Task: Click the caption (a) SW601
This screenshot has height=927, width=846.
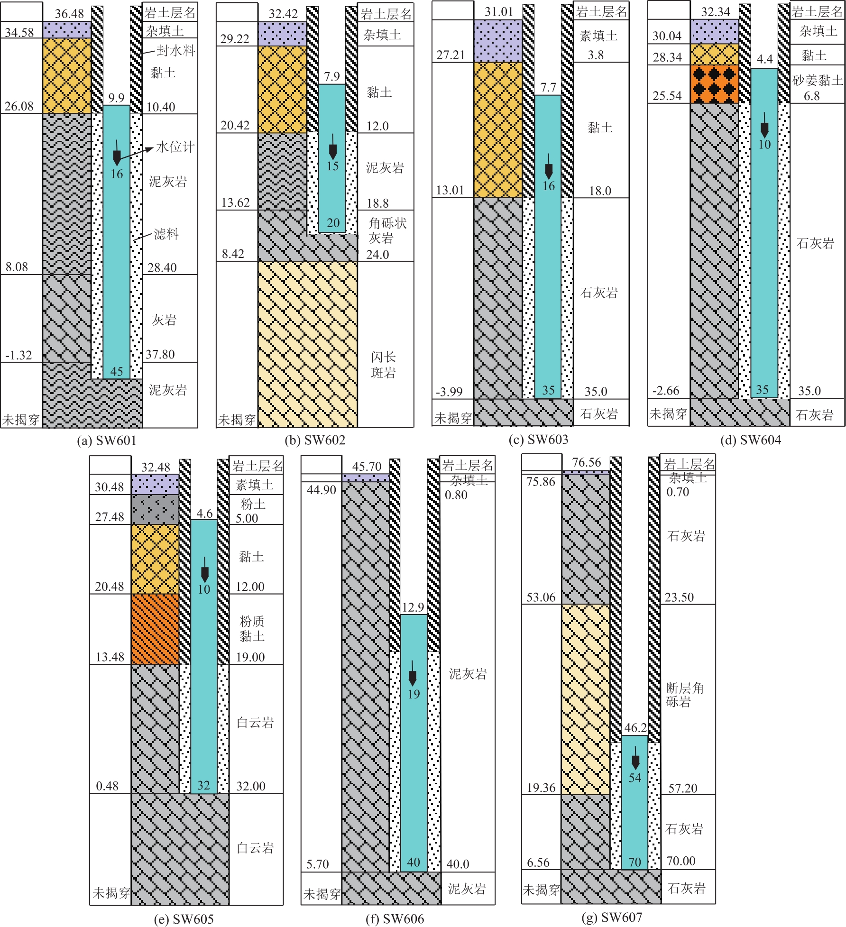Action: [107, 441]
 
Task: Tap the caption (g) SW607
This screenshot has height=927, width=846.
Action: [612, 917]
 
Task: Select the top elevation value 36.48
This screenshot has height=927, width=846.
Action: [69, 13]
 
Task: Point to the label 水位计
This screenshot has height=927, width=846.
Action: [175, 147]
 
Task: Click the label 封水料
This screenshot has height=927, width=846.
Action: [175, 50]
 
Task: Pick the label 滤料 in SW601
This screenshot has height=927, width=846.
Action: [166, 234]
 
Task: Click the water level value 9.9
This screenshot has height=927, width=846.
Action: [116, 98]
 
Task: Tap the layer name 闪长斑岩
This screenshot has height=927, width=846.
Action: [383, 365]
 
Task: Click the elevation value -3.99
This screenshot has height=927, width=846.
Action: [449, 392]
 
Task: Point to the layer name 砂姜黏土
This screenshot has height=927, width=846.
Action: [817, 80]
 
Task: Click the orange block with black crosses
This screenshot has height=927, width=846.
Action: [714, 84]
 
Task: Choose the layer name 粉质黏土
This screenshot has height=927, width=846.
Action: [252, 628]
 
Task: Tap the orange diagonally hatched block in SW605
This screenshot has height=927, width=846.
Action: [155, 629]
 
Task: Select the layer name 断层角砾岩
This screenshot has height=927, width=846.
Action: [684, 694]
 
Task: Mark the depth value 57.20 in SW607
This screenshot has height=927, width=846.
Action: [683, 788]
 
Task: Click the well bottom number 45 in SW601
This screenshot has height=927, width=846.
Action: [117, 371]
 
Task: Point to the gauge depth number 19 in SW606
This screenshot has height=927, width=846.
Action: [414, 694]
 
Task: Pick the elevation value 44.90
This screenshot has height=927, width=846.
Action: [321, 489]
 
